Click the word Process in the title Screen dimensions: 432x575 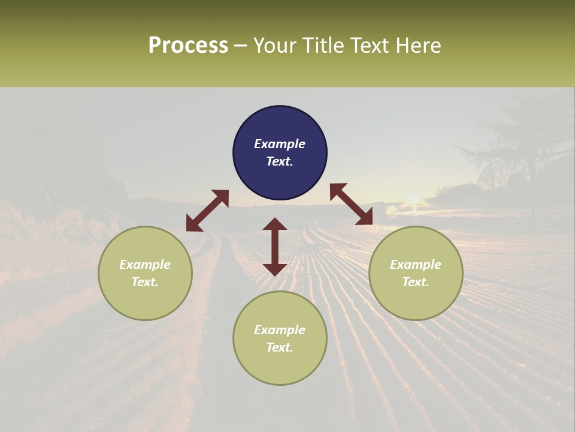pos(188,46)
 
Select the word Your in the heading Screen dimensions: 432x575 pos(274,46)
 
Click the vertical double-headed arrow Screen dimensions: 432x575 pos(275,247)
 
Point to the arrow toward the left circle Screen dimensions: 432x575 pos(207,211)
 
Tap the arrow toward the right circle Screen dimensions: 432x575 pos(352,204)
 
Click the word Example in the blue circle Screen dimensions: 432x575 pos(280,144)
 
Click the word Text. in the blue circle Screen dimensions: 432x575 pos(280,161)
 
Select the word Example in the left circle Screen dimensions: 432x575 pos(145,265)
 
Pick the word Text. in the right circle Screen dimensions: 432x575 pos(416,282)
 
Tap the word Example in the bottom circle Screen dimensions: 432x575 pos(280,330)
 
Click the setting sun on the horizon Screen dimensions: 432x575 pos(413,198)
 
